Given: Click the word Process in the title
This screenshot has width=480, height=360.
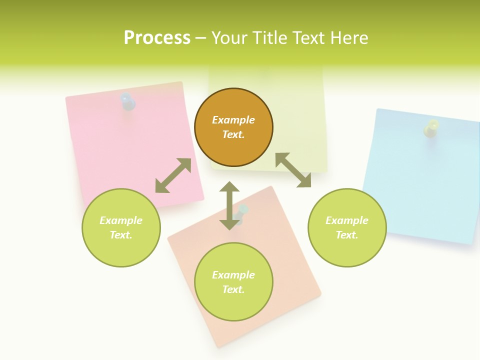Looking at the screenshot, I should point(157,38).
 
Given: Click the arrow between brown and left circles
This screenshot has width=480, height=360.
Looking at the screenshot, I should point(173,175).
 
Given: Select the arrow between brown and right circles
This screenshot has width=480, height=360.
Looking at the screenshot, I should point(293,170).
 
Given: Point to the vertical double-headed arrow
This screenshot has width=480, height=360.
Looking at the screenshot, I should point(229,205).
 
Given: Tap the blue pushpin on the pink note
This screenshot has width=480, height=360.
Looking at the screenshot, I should point(128,101).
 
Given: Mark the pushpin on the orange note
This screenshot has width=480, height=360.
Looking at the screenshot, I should point(242,212).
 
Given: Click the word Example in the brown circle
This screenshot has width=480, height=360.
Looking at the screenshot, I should point(233,120).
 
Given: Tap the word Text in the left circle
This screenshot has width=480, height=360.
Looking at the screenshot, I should point(121,235).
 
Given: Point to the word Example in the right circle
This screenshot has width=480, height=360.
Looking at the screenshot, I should point(347,220).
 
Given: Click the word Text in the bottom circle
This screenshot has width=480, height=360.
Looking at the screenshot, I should point(233,289).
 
